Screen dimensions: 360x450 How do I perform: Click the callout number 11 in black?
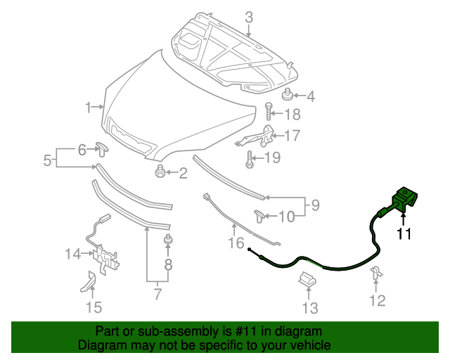tap(404, 235)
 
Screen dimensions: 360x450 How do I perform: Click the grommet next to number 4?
tap(288, 95)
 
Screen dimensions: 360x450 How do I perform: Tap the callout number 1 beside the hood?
tap(89, 108)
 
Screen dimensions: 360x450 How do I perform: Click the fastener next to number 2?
tap(160, 171)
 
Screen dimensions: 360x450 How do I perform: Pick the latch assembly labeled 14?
tap(104, 254)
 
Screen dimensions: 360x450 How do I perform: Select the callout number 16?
tap(234, 243)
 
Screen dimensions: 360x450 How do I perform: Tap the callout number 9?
tap(315, 205)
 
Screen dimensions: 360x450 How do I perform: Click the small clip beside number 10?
tap(259, 216)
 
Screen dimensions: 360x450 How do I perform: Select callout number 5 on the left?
tap(47, 160)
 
